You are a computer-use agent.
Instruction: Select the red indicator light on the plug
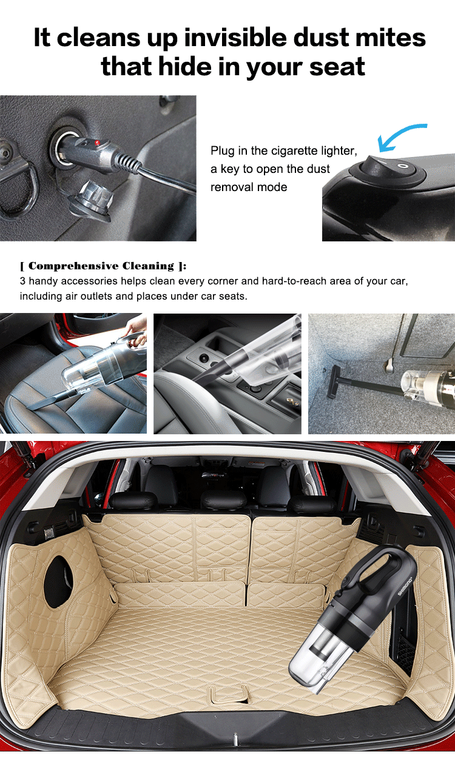tap(96, 144)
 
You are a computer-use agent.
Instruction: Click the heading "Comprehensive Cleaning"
tap(103, 266)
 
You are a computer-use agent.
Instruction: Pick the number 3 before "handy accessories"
tap(23, 282)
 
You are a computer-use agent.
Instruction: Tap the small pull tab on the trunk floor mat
tap(230, 692)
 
